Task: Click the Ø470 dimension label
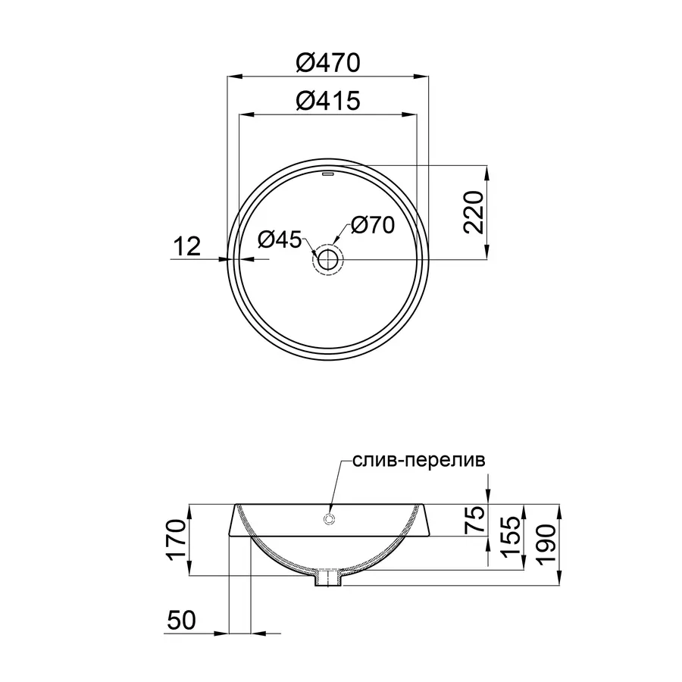pyautogui.click(x=327, y=64)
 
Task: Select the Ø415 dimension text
pyautogui.click(x=327, y=101)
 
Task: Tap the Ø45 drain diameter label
pyautogui.click(x=280, y=239)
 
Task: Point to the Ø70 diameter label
pyautogui.click(x=372, y=225)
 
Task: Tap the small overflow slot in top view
pyautogui.click(x=327, y=174)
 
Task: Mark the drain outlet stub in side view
pyautogui.click(x=329, y=578)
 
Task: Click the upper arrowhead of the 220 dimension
pyautogui.click(x=486, y=170)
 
